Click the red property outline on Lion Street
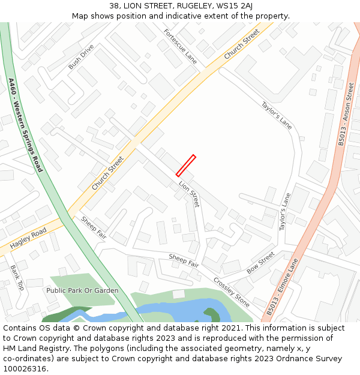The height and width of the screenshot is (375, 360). (x=185, y=166)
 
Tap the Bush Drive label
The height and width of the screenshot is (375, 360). (x=81, y=56)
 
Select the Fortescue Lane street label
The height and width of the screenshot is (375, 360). (x=180, y=46)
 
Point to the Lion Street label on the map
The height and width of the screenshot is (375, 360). (x=188, y=194)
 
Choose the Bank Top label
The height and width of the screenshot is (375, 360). (x=17, y=277)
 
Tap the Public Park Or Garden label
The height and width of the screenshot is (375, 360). (x=82, y=290)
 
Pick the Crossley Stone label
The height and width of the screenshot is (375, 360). (x=232, y=292)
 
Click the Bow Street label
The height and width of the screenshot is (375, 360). (x=260, y=263)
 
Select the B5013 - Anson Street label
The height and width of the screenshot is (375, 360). (x=346, y=114)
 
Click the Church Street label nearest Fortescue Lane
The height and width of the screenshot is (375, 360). (x=242, y=43)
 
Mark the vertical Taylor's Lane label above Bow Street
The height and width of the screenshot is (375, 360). (x=284, y=211)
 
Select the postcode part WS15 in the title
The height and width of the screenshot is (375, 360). (x=222, y=6)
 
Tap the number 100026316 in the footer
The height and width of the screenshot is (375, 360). (x=24, y=368)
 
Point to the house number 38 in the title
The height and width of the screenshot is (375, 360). (x=114, y=6)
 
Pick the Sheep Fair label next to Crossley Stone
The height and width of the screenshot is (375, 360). (x=184, y=260)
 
